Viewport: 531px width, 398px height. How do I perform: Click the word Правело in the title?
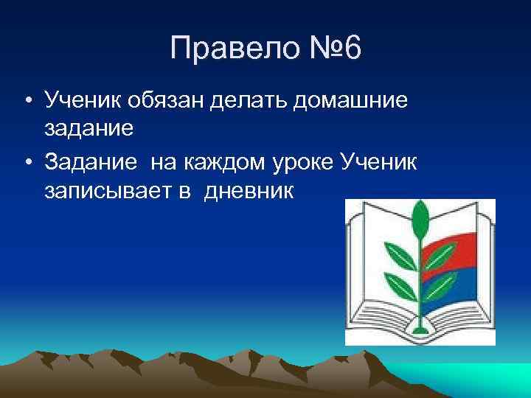226,49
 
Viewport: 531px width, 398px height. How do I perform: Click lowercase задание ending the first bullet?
89,130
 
